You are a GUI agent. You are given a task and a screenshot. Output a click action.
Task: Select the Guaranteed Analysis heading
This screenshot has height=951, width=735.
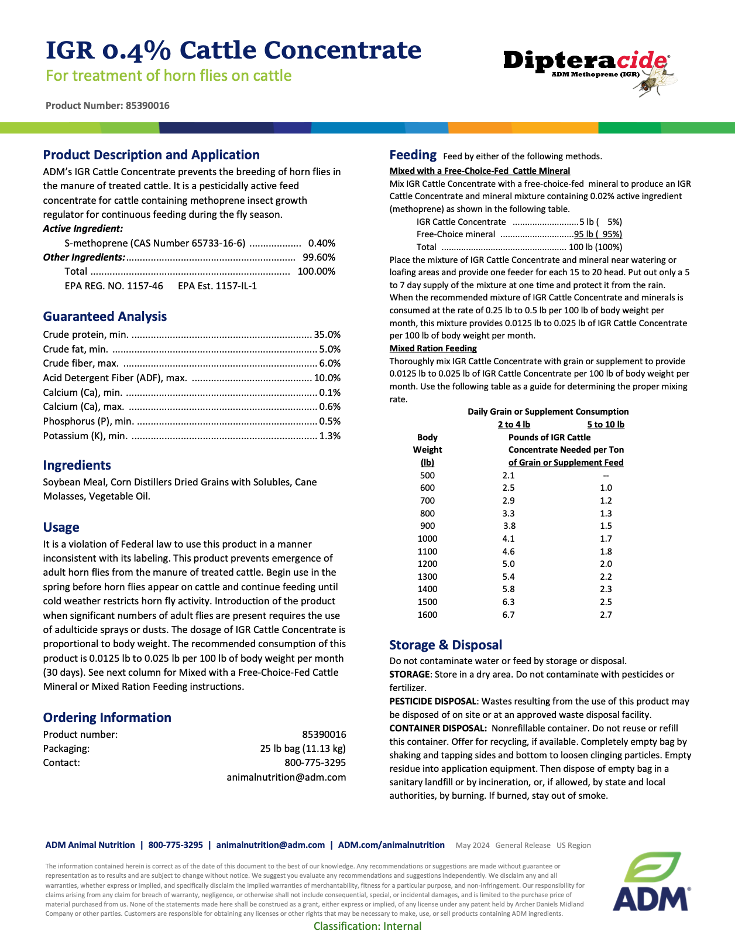click(105, 317)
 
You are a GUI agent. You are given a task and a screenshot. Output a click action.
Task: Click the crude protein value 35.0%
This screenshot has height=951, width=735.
click(327, 335)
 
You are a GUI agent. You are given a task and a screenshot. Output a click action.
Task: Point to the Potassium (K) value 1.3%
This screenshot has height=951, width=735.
click(329, 436)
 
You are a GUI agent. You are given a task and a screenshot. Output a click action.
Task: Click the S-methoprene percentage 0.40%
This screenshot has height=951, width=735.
click(321, 244)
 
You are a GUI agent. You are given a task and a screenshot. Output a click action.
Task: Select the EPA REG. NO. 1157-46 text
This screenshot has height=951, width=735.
click(114, 286)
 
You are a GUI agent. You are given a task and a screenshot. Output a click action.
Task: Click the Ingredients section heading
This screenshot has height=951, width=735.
click(77, 466)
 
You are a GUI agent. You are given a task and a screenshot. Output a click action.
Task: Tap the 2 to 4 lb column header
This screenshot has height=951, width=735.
click(514, 425)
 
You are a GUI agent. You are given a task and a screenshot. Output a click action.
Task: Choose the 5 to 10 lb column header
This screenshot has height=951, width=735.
click(606, 425)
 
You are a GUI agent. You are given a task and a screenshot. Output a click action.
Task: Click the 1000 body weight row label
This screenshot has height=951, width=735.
click(427, 539)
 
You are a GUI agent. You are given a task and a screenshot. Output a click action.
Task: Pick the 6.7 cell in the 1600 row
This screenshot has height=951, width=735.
click(509, 615)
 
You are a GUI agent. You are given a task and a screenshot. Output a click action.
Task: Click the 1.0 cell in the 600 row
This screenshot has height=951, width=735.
click(606, 488)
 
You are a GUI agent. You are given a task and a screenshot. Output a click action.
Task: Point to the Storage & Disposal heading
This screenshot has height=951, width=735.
click(445, 645)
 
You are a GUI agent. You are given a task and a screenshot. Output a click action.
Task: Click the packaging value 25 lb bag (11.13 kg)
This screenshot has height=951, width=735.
click(303, 749)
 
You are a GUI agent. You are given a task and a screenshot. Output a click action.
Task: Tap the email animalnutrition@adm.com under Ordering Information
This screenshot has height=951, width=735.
click(286, 778)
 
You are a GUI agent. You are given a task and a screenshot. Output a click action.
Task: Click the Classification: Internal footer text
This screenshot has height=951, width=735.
click(367, 926)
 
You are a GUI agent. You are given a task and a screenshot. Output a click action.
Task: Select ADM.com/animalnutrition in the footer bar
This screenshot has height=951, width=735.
click(391, 845)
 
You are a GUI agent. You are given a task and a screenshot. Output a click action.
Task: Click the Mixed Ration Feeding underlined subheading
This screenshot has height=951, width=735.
click(433, 348)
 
